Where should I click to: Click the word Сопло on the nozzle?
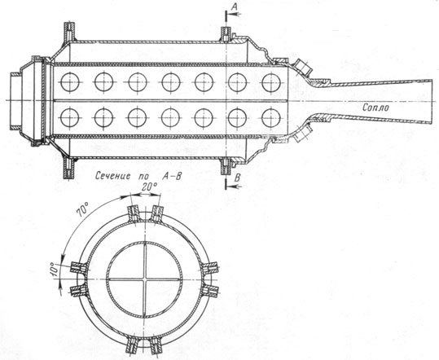[375, 108]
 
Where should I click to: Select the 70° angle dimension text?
[83, 211]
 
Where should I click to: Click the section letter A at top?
[235, 7]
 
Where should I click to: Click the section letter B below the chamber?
[237, 178]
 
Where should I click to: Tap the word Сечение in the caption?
[112, 176]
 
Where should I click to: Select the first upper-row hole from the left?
[70, 82]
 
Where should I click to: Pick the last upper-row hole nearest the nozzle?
[271, 82]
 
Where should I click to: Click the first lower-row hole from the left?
[70, 117]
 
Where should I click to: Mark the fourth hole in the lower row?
[170, 117]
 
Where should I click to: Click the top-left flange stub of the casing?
[70, 31]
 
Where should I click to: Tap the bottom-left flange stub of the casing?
[69, 169]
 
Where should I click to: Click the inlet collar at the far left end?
[15, 101]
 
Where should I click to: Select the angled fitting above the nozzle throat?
[303, 66]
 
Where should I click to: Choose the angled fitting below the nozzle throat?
[303, 134]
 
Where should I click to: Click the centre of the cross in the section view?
[145, 279]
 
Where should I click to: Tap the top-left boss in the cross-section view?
[133, 214]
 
